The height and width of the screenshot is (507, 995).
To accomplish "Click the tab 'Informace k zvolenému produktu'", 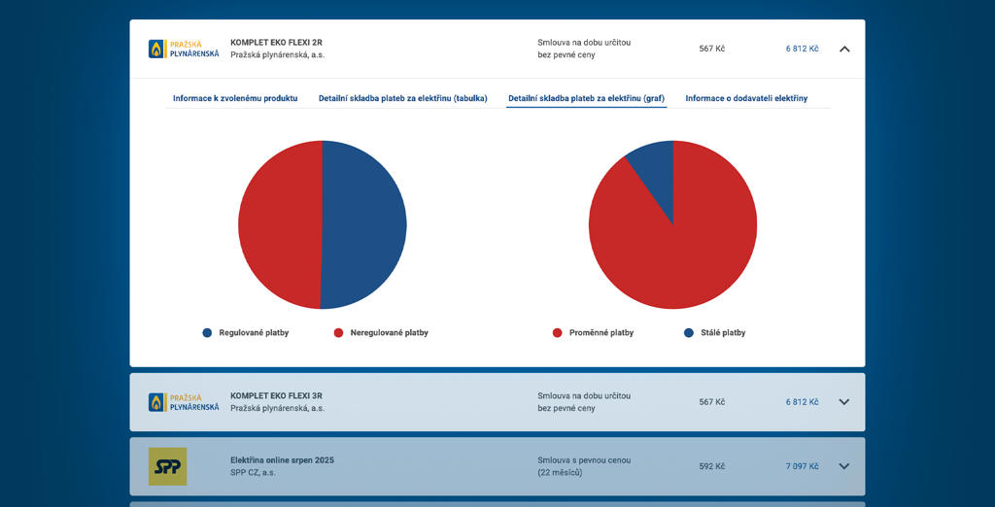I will (x=235, y=98).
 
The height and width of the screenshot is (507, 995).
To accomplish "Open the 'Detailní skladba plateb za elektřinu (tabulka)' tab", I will (x=402, y=98).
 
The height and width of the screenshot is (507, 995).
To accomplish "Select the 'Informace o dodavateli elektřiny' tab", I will (x=746, y=98).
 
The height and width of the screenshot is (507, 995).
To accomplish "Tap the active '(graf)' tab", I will (x=587, y=98).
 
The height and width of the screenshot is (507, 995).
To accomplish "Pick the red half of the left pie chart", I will (x=280, y=224).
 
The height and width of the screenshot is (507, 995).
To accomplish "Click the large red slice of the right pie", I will (x=680, y=243).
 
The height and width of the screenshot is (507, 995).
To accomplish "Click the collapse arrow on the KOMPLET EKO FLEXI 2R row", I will (x=843, y=49).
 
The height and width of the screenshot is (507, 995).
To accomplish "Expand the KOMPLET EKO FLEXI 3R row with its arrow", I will (x=843, y=402).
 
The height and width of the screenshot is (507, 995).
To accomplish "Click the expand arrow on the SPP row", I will (x=843, y=466).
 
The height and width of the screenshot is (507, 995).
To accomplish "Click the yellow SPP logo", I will (x=167, y=466).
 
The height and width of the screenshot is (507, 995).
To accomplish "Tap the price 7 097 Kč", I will (x=802, y=466).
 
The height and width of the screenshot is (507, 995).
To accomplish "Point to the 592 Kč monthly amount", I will (x=711, y=466).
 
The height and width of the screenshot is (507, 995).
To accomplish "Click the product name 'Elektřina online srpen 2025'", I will (x=282, y=459).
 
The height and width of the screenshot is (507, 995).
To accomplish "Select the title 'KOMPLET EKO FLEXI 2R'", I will (x=276, y=43).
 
